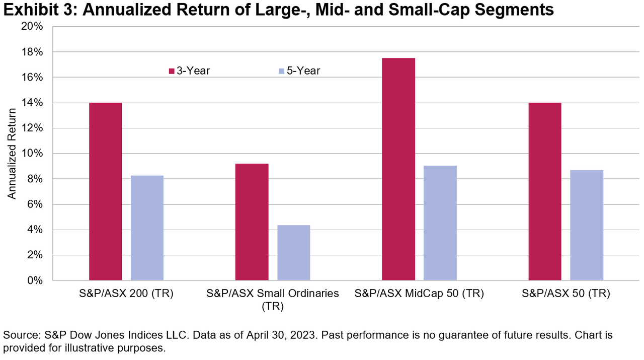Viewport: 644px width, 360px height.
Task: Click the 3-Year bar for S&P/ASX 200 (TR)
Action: coord(106,191)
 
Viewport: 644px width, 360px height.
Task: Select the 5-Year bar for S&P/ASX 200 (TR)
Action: coord(147,228)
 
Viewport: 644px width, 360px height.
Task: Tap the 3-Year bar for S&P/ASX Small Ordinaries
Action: coord(252,222)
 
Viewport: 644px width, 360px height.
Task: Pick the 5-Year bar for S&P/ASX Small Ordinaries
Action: coord(293,252)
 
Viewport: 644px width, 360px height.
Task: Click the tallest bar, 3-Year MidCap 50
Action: coord(398,169)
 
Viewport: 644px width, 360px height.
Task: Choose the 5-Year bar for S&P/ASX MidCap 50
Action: coord(440,223)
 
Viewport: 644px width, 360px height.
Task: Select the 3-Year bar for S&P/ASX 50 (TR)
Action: coord(545,191)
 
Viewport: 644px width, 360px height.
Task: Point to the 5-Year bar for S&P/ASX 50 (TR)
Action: coord(586,225)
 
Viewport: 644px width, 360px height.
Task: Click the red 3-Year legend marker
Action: coord(172,71)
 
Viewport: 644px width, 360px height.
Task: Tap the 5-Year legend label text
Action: coord(303,71)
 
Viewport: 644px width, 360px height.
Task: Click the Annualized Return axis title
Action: coord(12,154)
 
